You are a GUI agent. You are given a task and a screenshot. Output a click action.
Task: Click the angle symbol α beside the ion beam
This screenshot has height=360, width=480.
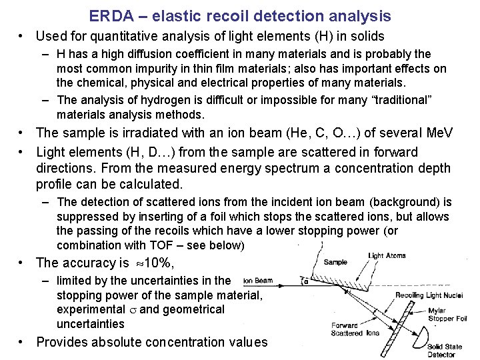pyautogui.click(x=306, y=281)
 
